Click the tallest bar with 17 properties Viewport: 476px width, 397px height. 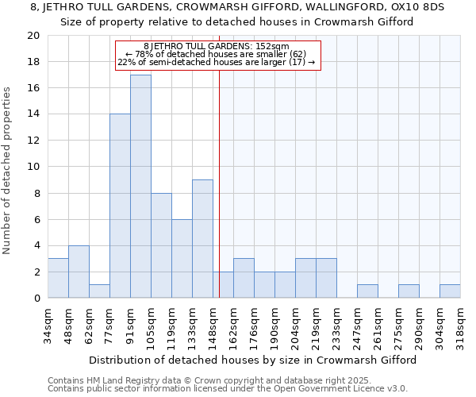click(140, 187)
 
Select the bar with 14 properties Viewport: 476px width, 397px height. click(120, 206)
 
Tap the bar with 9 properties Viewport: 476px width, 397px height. click(202, 239)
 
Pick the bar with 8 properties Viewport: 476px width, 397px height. click(161, 245)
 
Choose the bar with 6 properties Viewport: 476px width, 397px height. click(182, 259)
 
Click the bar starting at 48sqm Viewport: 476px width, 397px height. click(79, 272)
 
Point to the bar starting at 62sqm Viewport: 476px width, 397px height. click(99, 291)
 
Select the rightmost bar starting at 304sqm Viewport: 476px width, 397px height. click(450, 291)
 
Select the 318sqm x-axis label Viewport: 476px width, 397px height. click(460, 324)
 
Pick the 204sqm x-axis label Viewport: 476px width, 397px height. click(295, 324)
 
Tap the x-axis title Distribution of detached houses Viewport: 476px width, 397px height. click(252, 360)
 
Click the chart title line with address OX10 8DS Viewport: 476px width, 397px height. click(237, 7)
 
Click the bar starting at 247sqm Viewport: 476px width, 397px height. click(367, 291)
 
